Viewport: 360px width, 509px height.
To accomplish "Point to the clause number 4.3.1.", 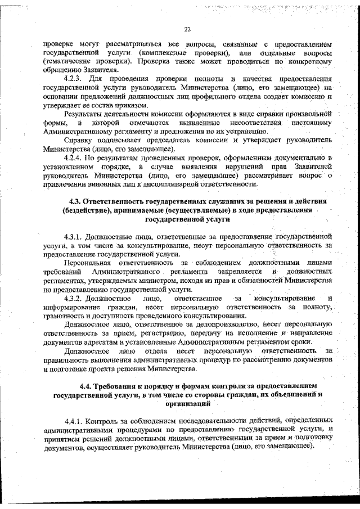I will pyautogui.click(x=74, y=237).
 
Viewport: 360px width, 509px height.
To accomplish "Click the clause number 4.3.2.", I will pyautogui.click(x=74, y=298).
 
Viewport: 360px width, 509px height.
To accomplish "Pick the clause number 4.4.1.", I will pyautogui.click(x=74, y=420).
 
